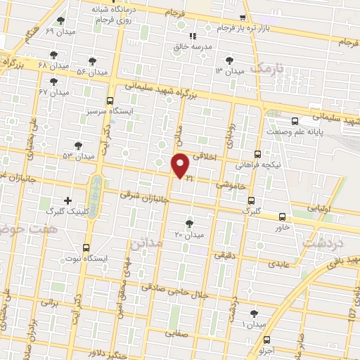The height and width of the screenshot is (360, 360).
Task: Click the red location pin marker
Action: (181, 165)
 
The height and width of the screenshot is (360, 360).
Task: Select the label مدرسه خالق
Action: (193, 47)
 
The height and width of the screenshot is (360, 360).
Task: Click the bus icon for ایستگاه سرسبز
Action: (110, 101)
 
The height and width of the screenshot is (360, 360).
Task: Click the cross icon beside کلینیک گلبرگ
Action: (67, 200)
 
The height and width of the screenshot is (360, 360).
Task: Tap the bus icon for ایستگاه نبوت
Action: (86, 247)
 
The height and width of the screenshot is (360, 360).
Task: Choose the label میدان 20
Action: (188, 233)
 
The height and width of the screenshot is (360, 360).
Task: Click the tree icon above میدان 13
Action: (229, 60)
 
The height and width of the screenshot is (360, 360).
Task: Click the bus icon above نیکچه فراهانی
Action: (258, 153)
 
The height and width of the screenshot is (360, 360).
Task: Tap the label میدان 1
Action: (254, 324)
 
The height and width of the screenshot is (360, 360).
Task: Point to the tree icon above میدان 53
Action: (78, 145)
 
